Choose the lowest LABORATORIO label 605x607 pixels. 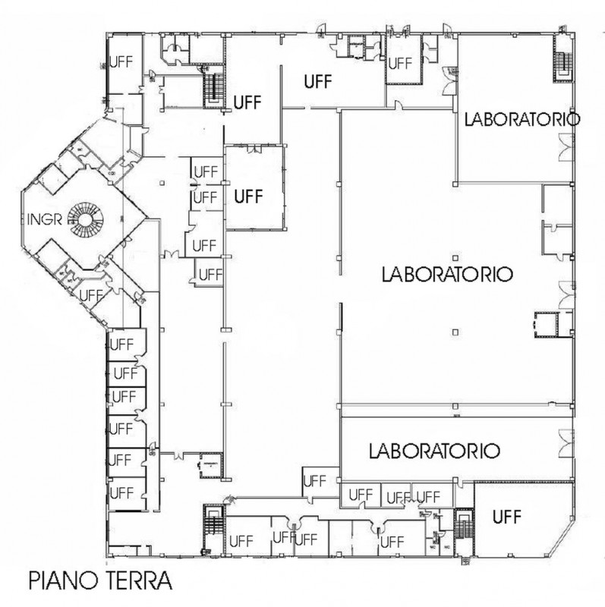434,451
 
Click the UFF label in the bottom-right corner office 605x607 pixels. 507,517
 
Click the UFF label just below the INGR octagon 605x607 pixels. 91,294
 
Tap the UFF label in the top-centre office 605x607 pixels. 318,82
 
